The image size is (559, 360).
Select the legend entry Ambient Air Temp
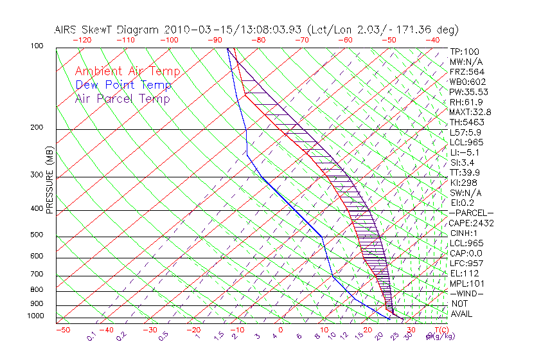(127, 71)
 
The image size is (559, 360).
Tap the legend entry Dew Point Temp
(123, 85)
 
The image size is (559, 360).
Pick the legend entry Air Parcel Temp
(122, 98)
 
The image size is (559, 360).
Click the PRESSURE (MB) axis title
(49, 180)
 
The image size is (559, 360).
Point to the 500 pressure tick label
(37, 235)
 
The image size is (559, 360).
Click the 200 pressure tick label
(37, 128)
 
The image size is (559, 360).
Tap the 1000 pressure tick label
(35, 316)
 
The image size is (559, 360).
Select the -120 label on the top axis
(82, 40)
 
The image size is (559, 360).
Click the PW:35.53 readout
(466, 92)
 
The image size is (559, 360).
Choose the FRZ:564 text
(465, 72)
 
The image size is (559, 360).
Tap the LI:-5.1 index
(463, 152)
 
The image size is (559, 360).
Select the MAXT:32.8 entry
(468, 113)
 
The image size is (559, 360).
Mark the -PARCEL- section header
(471, 213)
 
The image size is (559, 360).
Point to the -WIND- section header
(466, 293)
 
